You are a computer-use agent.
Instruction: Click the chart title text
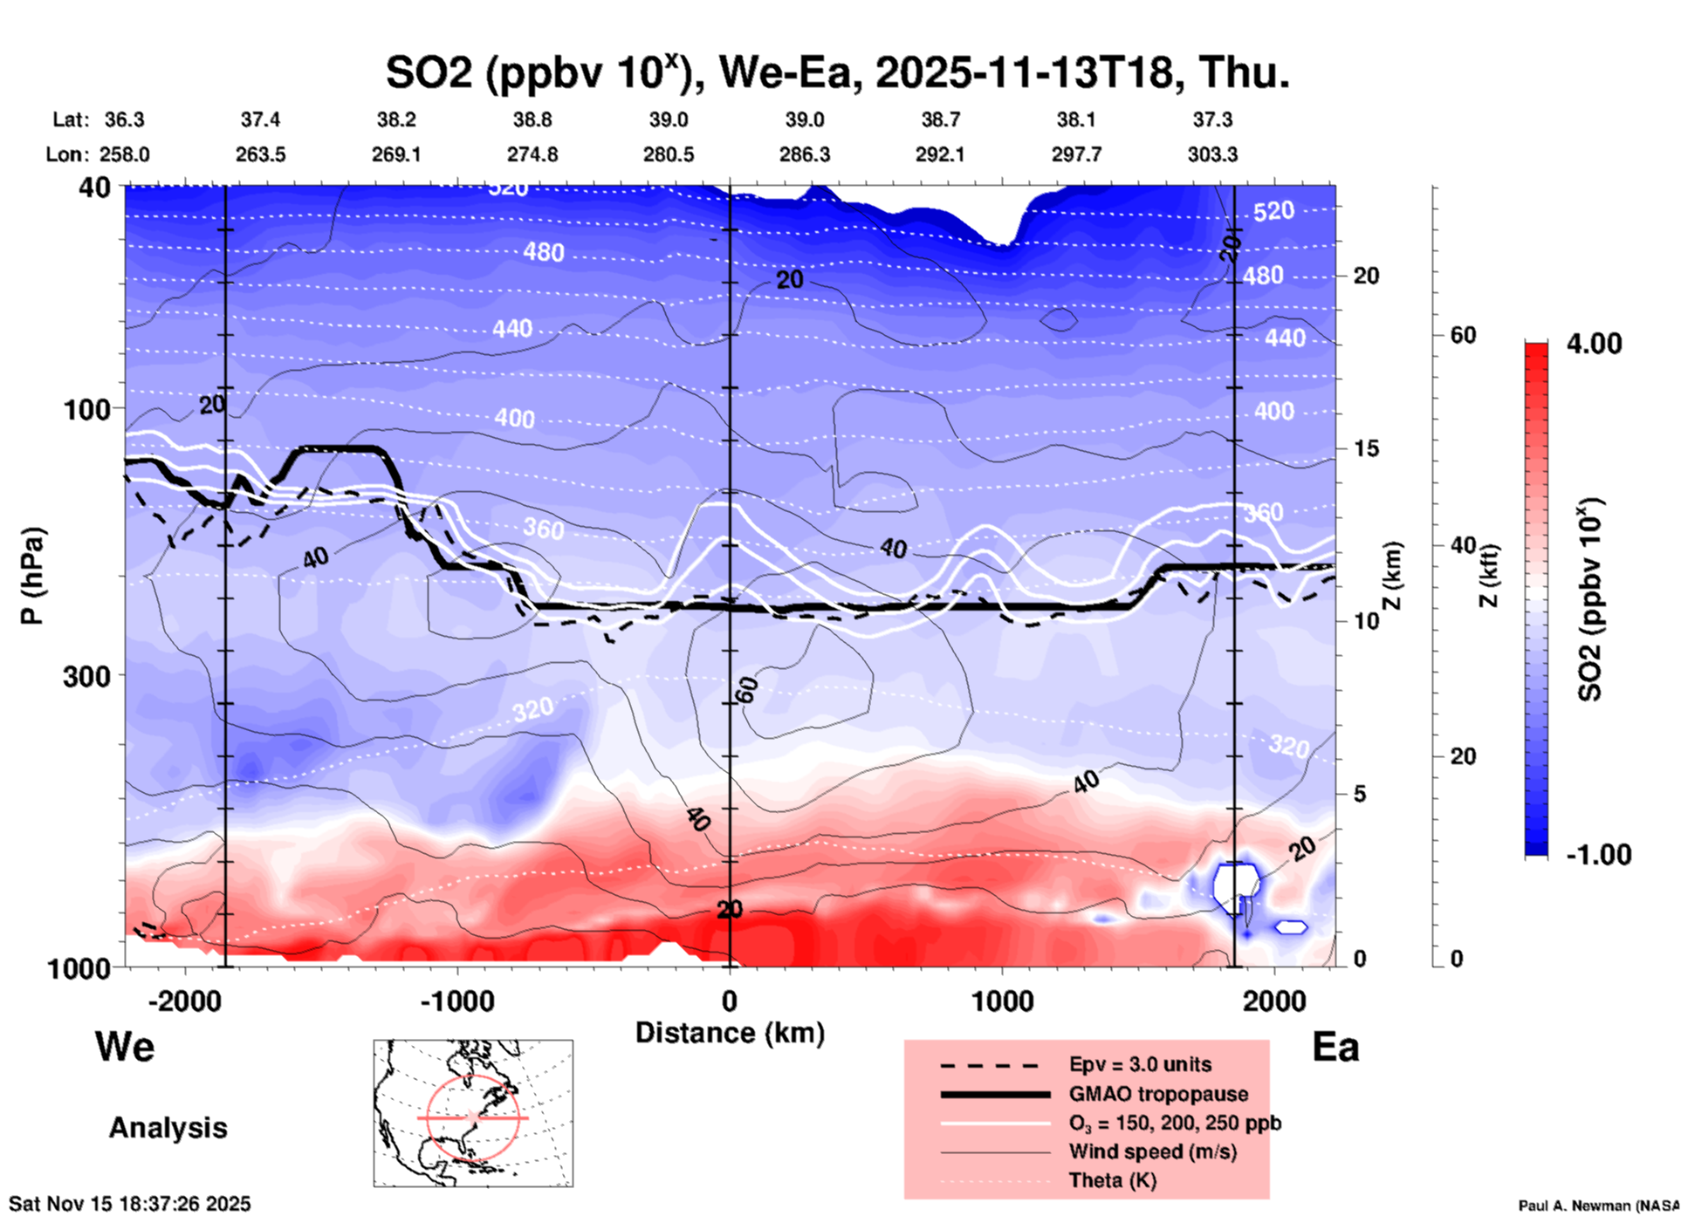838,72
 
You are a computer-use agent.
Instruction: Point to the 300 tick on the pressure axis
87,675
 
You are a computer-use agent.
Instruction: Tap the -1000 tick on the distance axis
457,1001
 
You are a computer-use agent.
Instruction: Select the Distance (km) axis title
730,1033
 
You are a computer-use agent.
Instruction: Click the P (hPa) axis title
32,576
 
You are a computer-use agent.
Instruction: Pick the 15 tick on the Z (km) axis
1366,448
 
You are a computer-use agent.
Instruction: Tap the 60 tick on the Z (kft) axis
1463,336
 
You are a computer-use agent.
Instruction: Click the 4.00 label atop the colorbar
1594,344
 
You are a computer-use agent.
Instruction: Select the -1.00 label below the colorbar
1598,855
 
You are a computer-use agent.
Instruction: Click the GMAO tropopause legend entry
1158,1094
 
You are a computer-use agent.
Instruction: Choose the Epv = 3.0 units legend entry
1140,1065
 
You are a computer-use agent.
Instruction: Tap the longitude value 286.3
805,154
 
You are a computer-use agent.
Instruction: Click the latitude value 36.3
125,120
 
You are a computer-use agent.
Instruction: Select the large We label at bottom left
125,1047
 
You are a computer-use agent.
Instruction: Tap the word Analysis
168,1128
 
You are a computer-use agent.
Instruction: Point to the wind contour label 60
747,690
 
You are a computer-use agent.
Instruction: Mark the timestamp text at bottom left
130,1204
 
